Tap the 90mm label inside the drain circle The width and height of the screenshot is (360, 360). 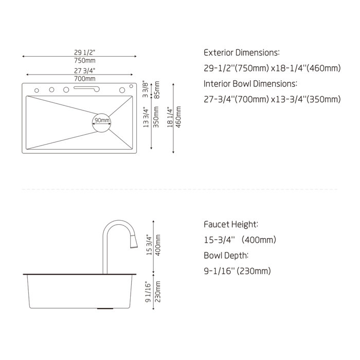pos(101,120)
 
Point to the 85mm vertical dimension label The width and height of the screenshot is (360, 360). pos(157,90)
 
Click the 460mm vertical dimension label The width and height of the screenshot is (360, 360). pos(178,118)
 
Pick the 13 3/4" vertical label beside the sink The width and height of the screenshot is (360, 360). pos(147,118)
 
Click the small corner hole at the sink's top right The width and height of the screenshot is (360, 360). pos(131,85)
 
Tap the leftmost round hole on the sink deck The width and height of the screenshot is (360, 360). pos(37,91)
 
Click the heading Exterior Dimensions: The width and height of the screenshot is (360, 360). pos(242,53)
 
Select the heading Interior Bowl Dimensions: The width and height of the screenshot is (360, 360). pos(250,83)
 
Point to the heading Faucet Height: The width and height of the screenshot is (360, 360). pos(231,225)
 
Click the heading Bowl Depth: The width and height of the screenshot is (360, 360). pos(227,255)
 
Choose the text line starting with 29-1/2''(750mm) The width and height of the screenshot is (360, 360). pos(272,68)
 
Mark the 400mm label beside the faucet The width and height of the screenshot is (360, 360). pos(158,245)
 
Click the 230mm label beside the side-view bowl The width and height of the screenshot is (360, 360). pos(158,293)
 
